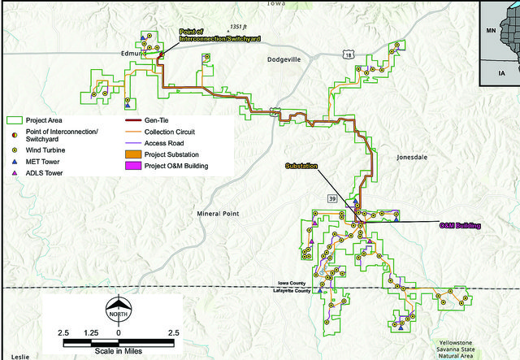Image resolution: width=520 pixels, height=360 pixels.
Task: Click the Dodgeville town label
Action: click(290, 60)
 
